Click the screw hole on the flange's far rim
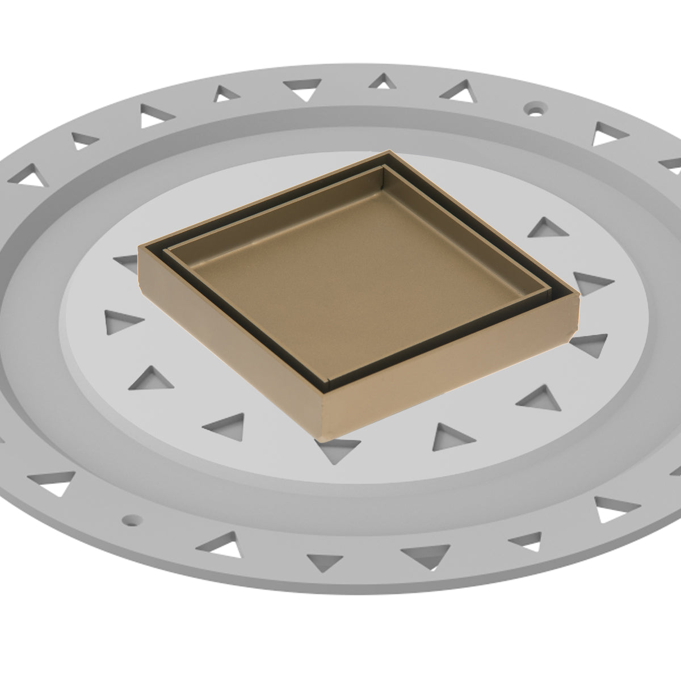coord(533,106)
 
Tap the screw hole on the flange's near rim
coord(132,519)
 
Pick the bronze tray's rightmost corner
coord(578,296)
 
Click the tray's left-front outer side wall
coord(227,346)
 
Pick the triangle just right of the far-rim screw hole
coord(611,134)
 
